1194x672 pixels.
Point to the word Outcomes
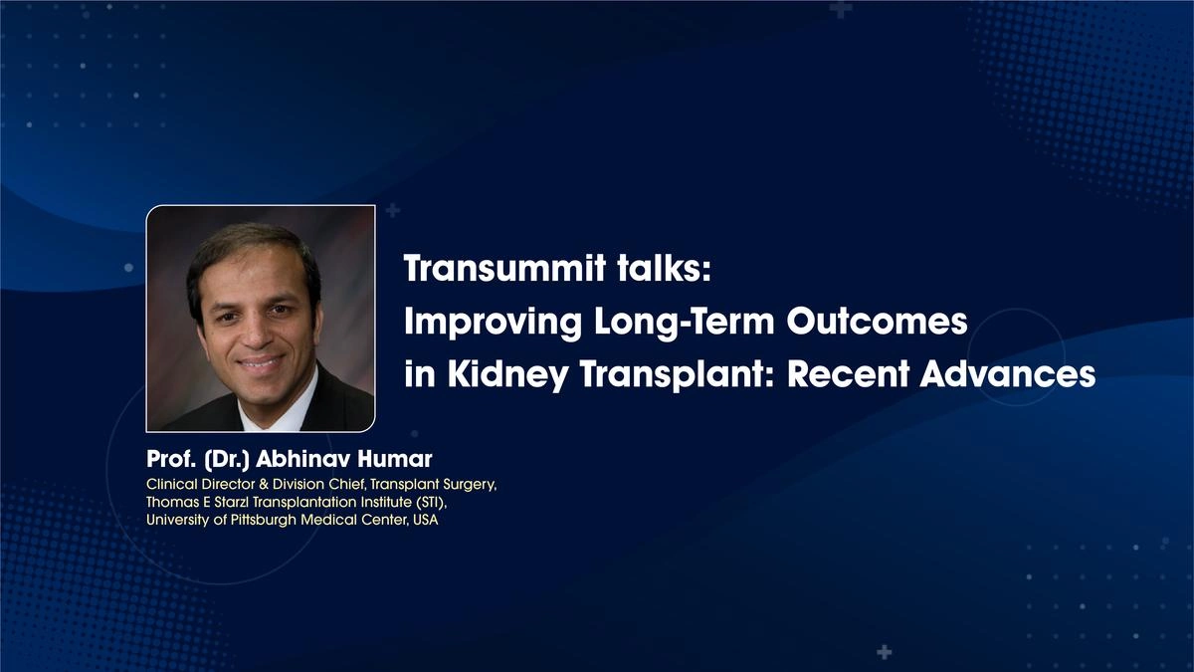coord(877,323)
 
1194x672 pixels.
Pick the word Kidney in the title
coord(502,375)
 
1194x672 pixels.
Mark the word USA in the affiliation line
coord(425,521)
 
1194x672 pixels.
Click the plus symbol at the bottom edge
coord(884,652)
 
